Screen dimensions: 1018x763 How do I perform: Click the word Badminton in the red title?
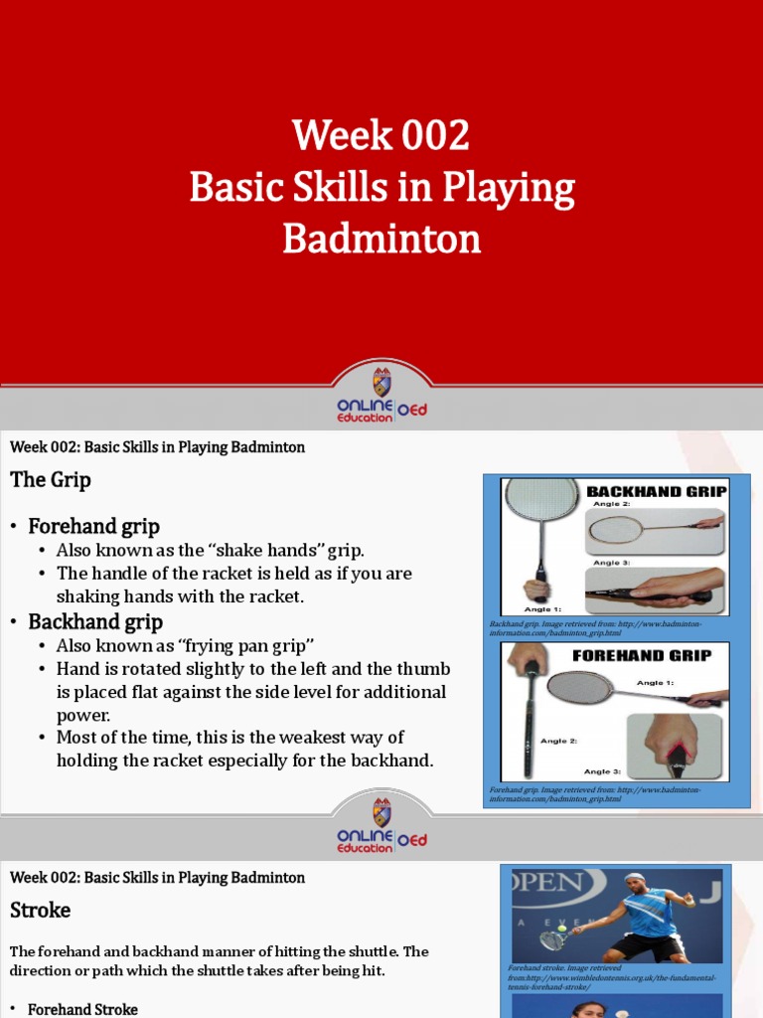click(381, 239)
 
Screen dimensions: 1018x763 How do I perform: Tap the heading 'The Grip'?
click(51, 480)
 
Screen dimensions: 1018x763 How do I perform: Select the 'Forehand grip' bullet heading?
click(93, 526)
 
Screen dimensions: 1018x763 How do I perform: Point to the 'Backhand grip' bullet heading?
click(95, 622)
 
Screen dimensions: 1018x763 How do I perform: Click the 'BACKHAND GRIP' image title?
click(656, 491)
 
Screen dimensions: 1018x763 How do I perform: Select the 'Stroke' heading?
click(41, 910)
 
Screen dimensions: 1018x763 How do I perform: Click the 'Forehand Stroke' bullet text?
click(82, 1009)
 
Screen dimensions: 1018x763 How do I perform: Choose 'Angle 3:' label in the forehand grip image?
click(603, 771)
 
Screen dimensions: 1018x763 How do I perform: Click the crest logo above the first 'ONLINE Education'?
click(381, 382)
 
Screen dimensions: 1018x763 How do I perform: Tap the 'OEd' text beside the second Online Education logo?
click(412, 840)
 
